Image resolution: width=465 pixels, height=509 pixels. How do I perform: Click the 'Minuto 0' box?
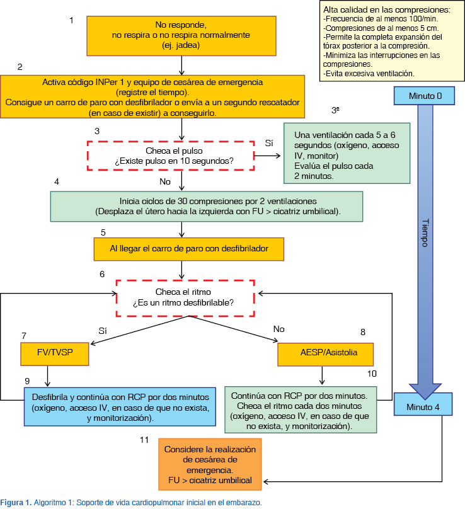click(426, 96)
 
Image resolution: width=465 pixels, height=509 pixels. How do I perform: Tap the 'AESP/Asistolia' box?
click(326, 353)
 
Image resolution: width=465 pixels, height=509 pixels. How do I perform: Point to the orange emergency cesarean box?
click(210, 465)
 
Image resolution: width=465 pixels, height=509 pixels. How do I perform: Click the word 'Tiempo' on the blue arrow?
click(425, 234)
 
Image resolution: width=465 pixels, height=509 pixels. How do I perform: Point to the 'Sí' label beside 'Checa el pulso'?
click(269, 143)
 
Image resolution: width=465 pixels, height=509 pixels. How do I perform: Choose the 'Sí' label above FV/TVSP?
click(103, 329)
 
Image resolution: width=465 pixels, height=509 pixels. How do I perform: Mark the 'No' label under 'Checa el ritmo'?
click(279, 329)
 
